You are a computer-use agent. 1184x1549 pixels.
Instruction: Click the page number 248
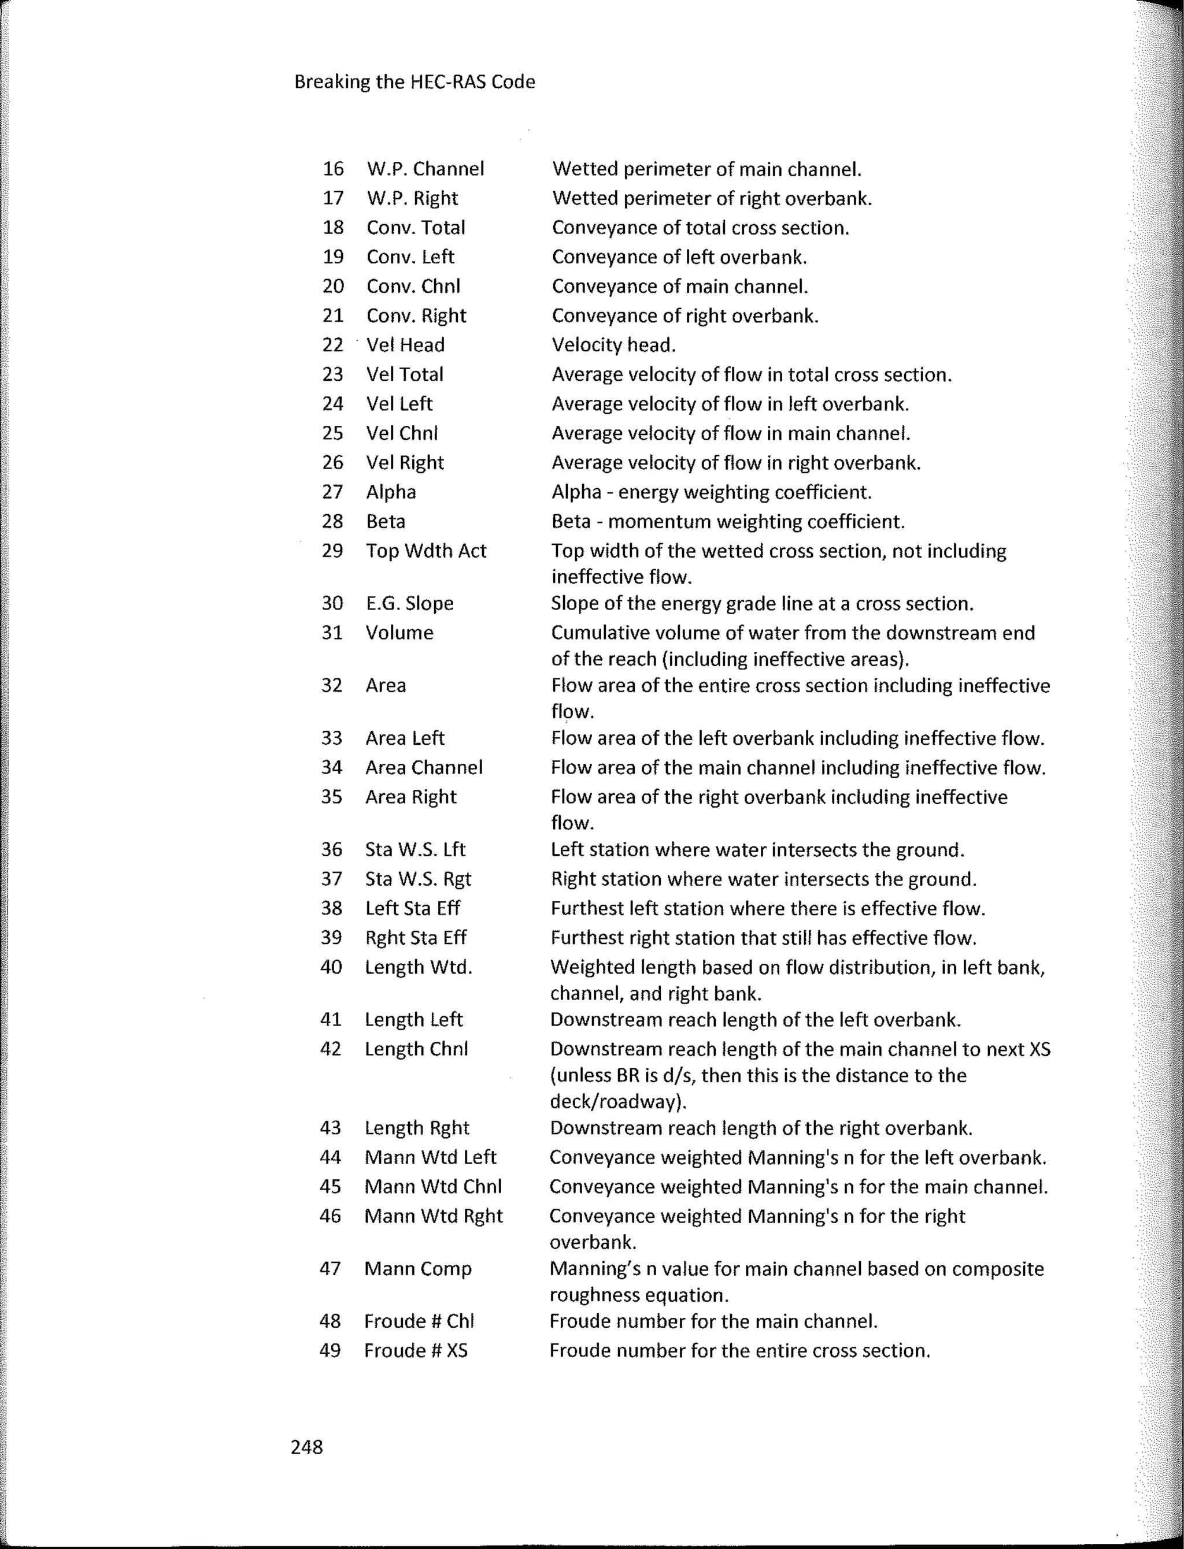coord(306,1447)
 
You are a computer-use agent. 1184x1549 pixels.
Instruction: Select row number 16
coord(334,169)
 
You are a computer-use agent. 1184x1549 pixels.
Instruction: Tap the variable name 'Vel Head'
coord(405,345)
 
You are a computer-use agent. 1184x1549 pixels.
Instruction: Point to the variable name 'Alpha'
coord(391,492)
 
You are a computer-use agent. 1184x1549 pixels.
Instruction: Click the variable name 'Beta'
coord(386,521)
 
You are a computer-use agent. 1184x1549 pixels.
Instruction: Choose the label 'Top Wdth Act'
coord(425,551)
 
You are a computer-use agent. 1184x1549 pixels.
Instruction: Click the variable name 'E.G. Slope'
coord(409,604)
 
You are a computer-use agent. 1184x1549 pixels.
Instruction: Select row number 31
coord(332,633)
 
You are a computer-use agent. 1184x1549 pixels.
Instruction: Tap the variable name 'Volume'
coord(399,633)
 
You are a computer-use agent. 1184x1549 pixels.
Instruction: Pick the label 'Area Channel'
coord(424,767)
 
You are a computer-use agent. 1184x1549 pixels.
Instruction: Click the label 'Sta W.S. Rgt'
coord(418,879)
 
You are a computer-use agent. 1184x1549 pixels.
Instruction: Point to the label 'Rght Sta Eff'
coord(416,938)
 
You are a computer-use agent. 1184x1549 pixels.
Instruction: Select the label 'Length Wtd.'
coord(418,967)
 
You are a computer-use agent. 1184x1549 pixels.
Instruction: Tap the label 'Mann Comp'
coord(417,1269)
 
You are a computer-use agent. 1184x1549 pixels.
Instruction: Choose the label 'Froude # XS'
coord(415,1350)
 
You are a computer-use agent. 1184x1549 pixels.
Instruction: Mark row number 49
coord(330,1350)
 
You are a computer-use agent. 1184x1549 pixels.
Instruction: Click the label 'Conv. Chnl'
coord(413,287)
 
